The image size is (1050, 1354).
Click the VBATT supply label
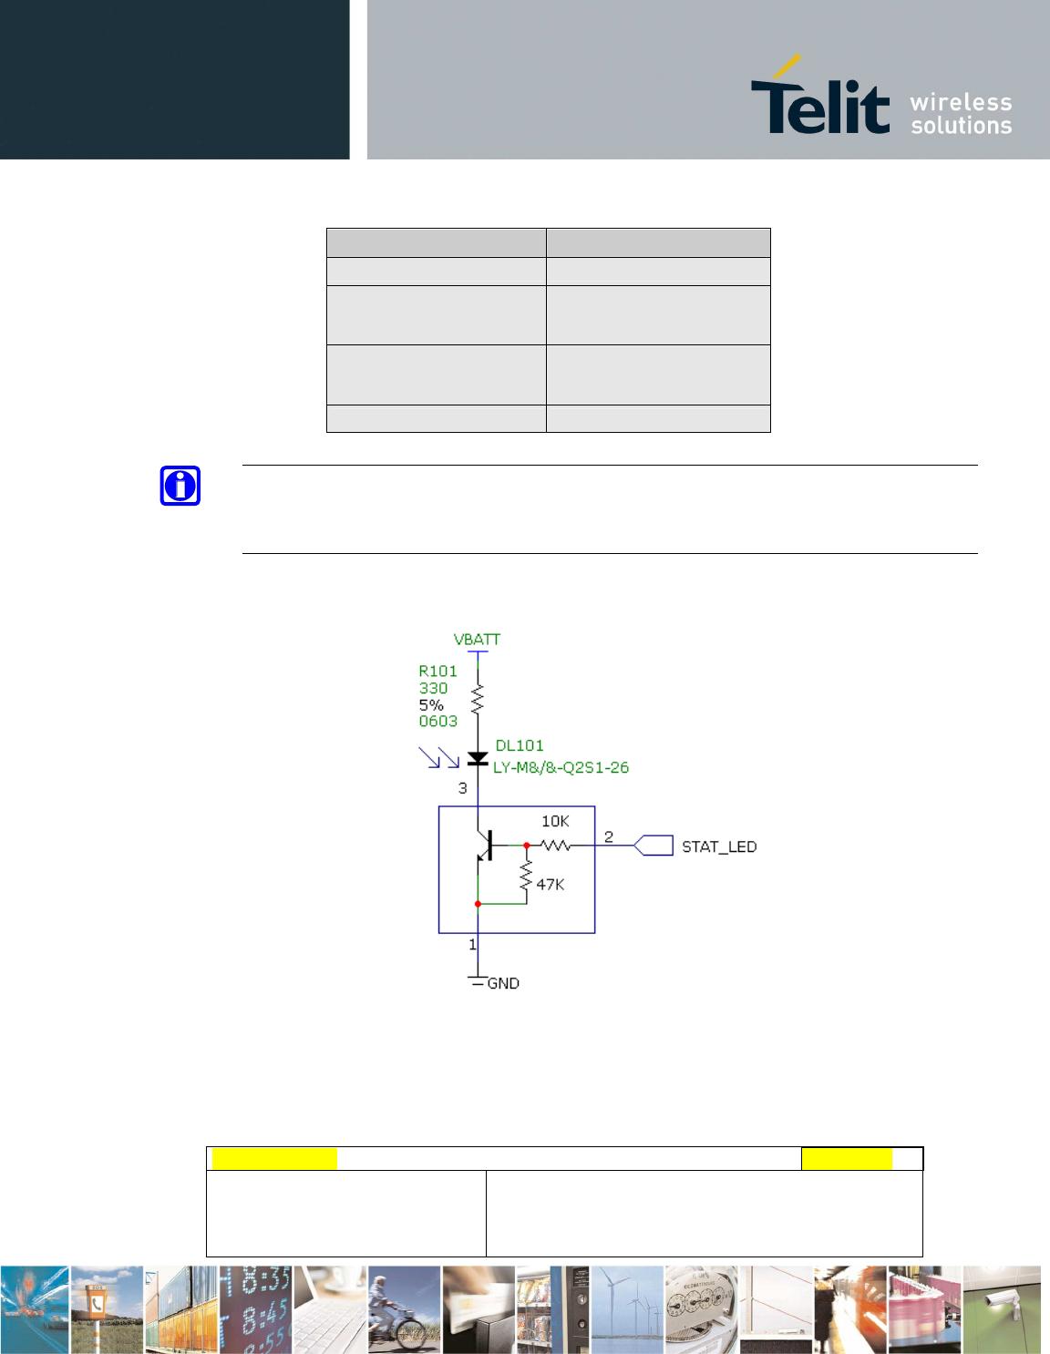[477, 640]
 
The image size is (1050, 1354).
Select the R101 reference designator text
[437, 672]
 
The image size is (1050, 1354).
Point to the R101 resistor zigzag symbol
[478, 699]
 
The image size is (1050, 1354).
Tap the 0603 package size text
[438, 721]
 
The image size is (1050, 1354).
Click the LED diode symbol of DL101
[478, 758]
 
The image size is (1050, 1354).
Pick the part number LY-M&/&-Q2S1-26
[561, 767]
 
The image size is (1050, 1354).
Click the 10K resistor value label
[555, 821]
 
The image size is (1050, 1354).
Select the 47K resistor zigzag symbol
[527, 875]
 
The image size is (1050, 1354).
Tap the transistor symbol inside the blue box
[484, 845]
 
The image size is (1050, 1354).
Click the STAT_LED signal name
[719, 846]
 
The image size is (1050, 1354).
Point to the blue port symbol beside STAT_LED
[653, 846]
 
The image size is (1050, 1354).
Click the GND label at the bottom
[503, 983]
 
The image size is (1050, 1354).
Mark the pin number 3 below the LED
[462, 788]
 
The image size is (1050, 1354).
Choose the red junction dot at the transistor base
[527, 846]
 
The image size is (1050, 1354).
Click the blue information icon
[180, 486]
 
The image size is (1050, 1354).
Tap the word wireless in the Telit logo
[961, 102]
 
